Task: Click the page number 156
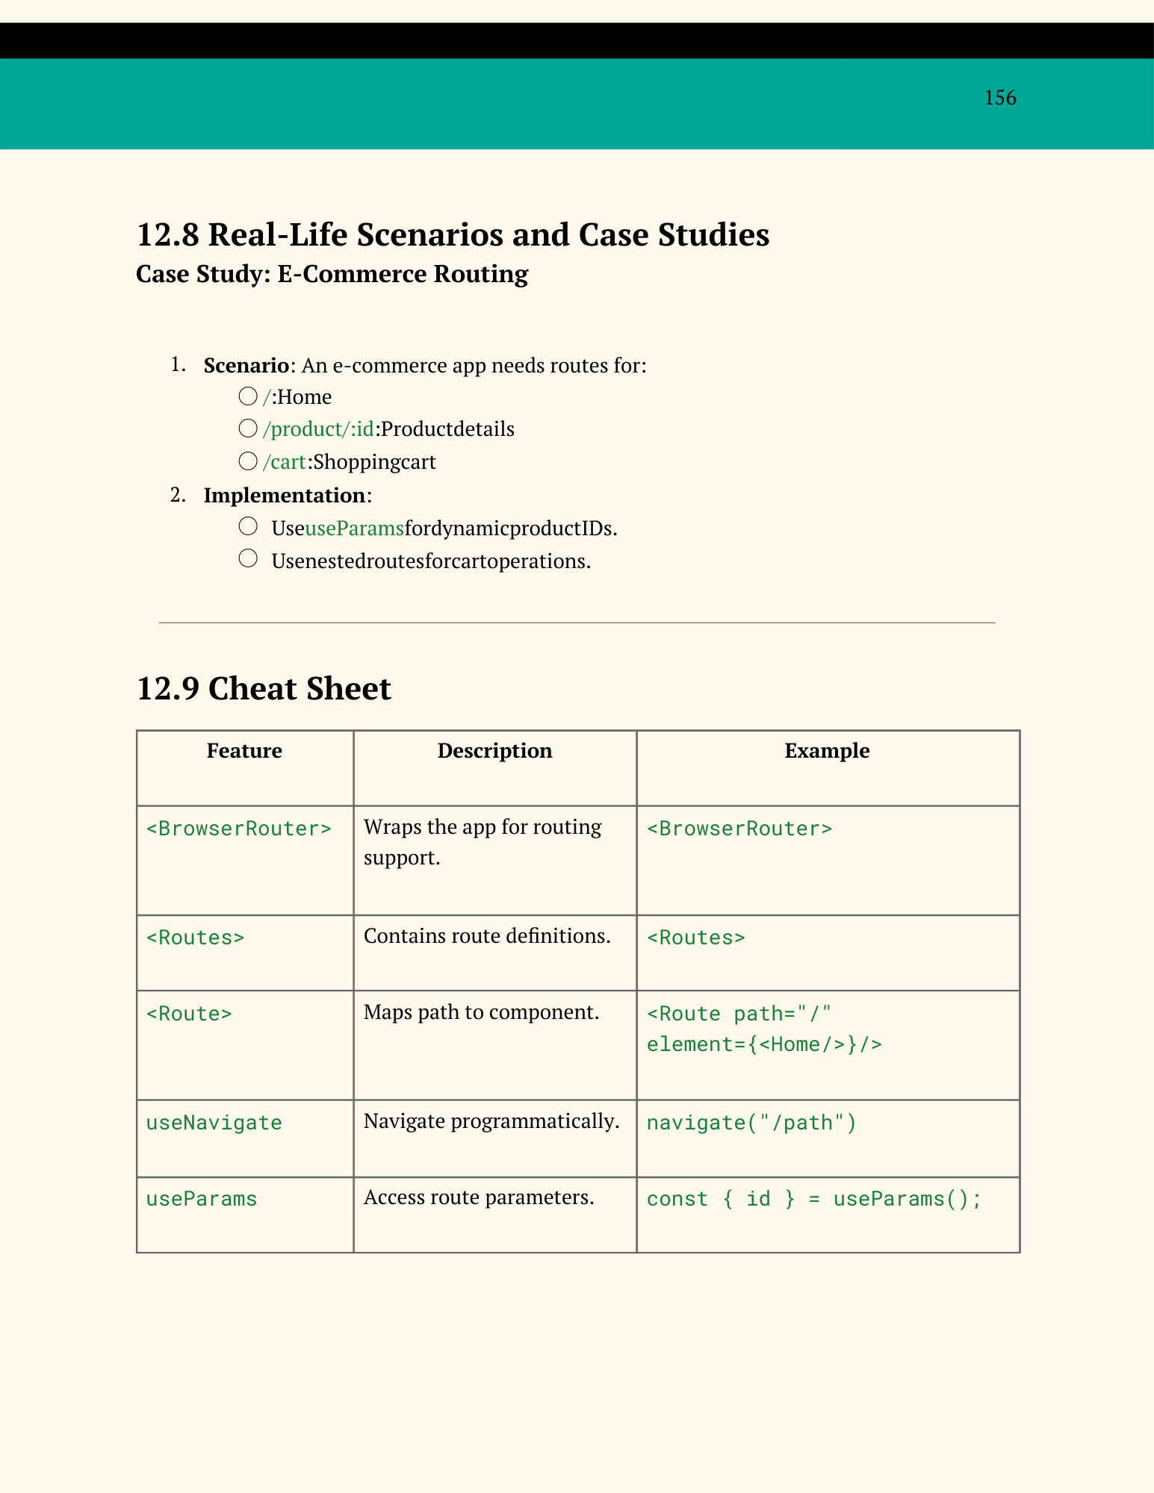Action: pyautogui.click(x=999, y=98)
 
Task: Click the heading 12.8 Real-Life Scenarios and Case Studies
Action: pyautogui.click(x=453, y=234)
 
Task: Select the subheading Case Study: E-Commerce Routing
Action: pyautogui.click(x=332, y=274)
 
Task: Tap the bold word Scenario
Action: pyautogui.click(x=246, y=365)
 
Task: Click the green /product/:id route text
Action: pyautogui.click(x=318, y=429)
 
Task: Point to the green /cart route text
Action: pyautogui.click(x=285, y=462)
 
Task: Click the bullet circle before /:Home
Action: pyautogui.click(x=248, y=396)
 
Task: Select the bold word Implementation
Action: pyautogui.click(x=285, y=495)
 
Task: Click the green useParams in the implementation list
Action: pyautogui.click(x=354, y=529)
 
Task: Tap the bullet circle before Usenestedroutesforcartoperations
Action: pyautogui.click(x=248, y=558)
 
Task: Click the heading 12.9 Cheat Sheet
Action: pyautogui.click(x=264, y=688)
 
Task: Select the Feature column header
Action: pyautogui.click(x=244, y=750)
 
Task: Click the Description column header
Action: pyautogui.click(x=494, y=750)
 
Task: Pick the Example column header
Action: pyautogui.click(x=827, y=750)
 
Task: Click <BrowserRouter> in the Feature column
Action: pyautogui.click(x=239, y=829)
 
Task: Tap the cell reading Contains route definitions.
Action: pyautogui.click(x=487, y=936)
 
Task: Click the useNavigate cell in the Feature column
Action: pyautogui.click(x=214, y=1123)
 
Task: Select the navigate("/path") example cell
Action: pyautogui.click(x=751, y=1123)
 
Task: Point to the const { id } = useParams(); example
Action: pyautogui.click(x=813, y=1199)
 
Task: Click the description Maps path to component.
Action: pyautogui.click(x=481, y=1012)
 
